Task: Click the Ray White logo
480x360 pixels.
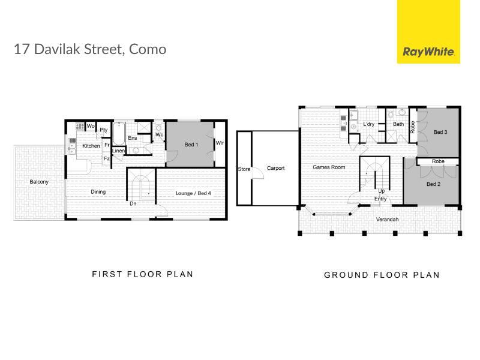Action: (x=428, y=32)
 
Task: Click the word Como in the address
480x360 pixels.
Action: (x=148, y=49)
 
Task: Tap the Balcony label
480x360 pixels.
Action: (x=39, y=182)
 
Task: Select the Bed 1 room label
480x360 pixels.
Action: (x=191, y=145)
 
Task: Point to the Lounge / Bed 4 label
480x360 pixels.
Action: (x=193, y=193)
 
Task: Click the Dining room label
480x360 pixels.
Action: (x=98, y=192)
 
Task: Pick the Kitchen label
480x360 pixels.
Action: (x=91, y=146)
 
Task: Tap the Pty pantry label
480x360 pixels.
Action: (x=104, y=130)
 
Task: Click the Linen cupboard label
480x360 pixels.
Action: (x=118, y=151)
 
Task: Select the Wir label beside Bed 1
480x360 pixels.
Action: (x=220, y=143)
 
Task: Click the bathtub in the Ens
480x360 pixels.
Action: (x=119, y=134)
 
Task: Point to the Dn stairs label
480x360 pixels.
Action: (x=133, y=203)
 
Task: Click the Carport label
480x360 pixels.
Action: (x=275, y=168)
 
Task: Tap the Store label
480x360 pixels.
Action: (x=244, y=169)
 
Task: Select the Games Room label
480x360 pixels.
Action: (x=329, y=167)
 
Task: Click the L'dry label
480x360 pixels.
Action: (x=368, y=124)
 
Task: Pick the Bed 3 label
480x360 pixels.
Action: (x=440, y=132)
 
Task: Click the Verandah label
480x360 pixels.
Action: (x=387, y=220)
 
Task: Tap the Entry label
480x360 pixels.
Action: (x=380, y=199)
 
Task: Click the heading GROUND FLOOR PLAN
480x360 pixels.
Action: (x=382, y=275)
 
